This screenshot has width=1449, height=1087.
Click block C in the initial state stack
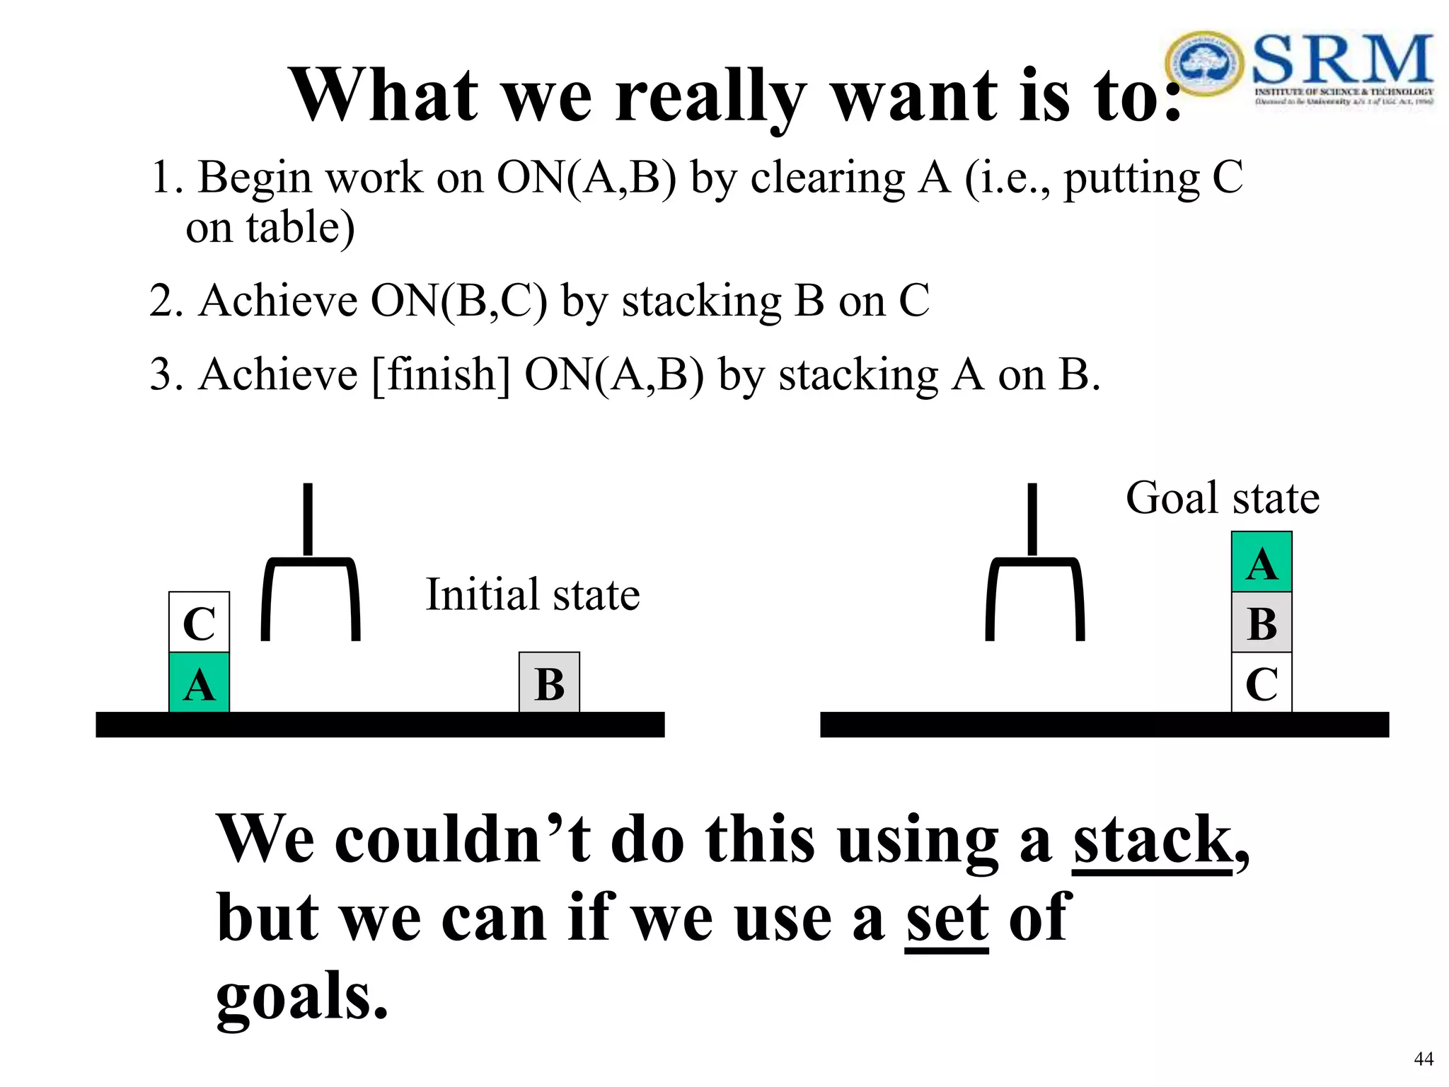coord(199,622)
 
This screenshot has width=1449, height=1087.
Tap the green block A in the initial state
coord(199,683)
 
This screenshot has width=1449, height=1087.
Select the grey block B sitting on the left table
coord(549,683)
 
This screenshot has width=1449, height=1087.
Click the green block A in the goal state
coord(1262,563)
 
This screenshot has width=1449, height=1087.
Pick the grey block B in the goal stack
coord(1262,623)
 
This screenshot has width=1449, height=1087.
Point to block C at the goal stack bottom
coord(1262,683)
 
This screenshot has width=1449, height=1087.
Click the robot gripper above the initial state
coord(310,580)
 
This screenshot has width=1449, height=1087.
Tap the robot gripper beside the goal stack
coord(1034,580)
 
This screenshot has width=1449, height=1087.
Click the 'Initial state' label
coord(533,594)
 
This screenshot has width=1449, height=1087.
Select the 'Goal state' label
coord(1222,498)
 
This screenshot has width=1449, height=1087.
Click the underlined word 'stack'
coord(1152,840)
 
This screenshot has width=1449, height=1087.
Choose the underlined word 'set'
coord(947,918)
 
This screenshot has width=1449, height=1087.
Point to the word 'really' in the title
coord(710,97)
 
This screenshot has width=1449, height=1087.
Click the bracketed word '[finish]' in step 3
coord(440,374)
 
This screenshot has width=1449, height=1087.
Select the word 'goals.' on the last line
coord(302,996)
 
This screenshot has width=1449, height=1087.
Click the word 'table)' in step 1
coord(300,228)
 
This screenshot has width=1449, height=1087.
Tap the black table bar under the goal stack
coord(1104,725)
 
